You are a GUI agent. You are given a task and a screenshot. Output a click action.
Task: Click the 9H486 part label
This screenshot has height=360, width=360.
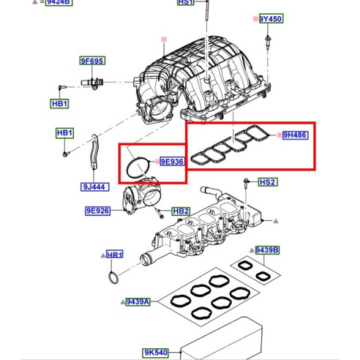tap(296, 135)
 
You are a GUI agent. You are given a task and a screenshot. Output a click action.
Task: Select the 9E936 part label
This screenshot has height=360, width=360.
tap(170, 162)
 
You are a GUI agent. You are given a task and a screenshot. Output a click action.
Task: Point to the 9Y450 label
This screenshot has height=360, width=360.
tap(271, 18)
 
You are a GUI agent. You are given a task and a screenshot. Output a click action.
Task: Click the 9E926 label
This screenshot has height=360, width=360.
tap(97, 211)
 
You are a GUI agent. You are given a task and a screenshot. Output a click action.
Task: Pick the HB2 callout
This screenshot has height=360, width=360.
tap(181, 211)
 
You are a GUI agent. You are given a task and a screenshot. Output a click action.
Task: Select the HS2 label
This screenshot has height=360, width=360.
tap(268, 182)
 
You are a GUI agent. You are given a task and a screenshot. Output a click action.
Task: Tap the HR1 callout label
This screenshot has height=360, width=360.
tap(115, 255)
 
